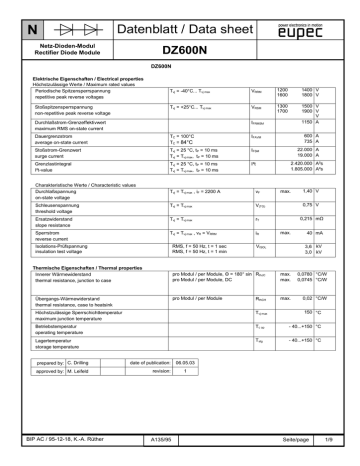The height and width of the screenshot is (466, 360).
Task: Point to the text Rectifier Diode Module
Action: click(x=68, y=51)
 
